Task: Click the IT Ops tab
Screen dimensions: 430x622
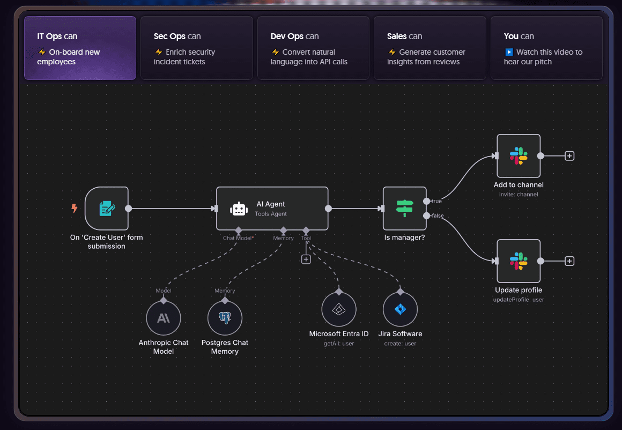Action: [x=80, y=48]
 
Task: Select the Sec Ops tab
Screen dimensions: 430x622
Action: [x=196, y=48]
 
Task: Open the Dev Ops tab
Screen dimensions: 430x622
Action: [x=313, y=48]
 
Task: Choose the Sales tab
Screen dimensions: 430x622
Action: [x=430, y=48]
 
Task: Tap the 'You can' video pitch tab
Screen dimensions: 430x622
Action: [x=546, y=48]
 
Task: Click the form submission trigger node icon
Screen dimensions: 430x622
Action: [x=107, y=208]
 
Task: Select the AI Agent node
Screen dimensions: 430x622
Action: [x=272, y=208]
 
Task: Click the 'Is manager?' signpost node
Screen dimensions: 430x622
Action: [x=404, y=208]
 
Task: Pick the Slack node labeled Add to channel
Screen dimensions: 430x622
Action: [x=519, y=156]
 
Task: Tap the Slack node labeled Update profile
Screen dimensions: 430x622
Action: [x=519, y=261]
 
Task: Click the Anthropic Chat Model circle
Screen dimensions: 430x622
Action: [x=164, y=318]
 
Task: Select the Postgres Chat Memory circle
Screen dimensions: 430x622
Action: [x=225, y=318]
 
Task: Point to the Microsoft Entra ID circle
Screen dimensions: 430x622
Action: [x=339, y=309]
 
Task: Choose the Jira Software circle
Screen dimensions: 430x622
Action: [x=400, y=309]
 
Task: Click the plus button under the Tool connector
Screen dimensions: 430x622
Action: [x=306, y=260]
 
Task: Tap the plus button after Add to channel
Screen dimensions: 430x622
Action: [x=569, y=156]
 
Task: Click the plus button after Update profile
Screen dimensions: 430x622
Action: [x=569, y=261]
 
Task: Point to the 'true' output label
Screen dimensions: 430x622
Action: [x=436, y=201]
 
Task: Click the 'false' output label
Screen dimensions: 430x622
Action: [x=438, y=216]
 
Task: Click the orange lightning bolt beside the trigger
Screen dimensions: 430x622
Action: [x=75, y=208]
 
